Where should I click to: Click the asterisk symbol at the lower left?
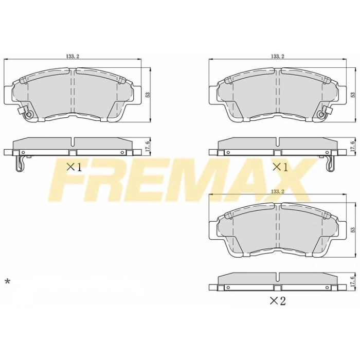[x=7, y=281]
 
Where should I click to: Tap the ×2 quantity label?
[x=279, y=300]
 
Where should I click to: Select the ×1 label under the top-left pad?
[x=74, y=166]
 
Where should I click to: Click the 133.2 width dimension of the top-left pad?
[x=73, y=56]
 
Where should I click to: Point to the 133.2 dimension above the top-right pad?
[x=277, y=56]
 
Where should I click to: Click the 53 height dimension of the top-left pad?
[x=148, y=95]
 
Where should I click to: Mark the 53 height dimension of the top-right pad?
[x=353, y=95]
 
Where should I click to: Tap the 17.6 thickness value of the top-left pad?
[x=148, y=146]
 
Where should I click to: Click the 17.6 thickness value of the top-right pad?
[x=353, y=146]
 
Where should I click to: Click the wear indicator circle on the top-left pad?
[x=29, y=114]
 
